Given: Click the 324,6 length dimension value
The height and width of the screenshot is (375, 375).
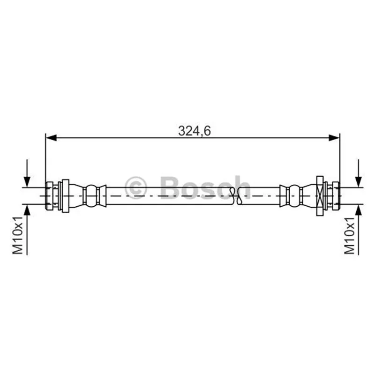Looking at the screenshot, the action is click(x=195, y=131).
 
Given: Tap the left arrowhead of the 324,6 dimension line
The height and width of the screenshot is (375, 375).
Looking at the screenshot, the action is click(x=51, y=138).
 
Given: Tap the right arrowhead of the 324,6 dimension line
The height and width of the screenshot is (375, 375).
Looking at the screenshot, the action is click(x=334, y=138).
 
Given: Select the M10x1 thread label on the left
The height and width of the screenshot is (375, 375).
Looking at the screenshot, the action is click(x=18, y=235).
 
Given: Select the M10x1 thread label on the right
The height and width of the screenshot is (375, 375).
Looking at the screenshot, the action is click(x=349, y=235).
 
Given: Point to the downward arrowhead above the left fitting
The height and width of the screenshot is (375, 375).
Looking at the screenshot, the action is click(x=27, y=182).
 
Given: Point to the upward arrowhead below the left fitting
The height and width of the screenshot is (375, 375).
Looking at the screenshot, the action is click(x=27, y=210).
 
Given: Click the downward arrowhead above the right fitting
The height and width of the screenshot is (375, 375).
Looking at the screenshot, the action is click(x=358, y=182).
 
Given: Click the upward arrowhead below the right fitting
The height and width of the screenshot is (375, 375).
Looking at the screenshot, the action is click(x=358, y=210).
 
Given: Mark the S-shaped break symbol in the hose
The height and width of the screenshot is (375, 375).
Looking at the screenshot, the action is click(x=236, y=196).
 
